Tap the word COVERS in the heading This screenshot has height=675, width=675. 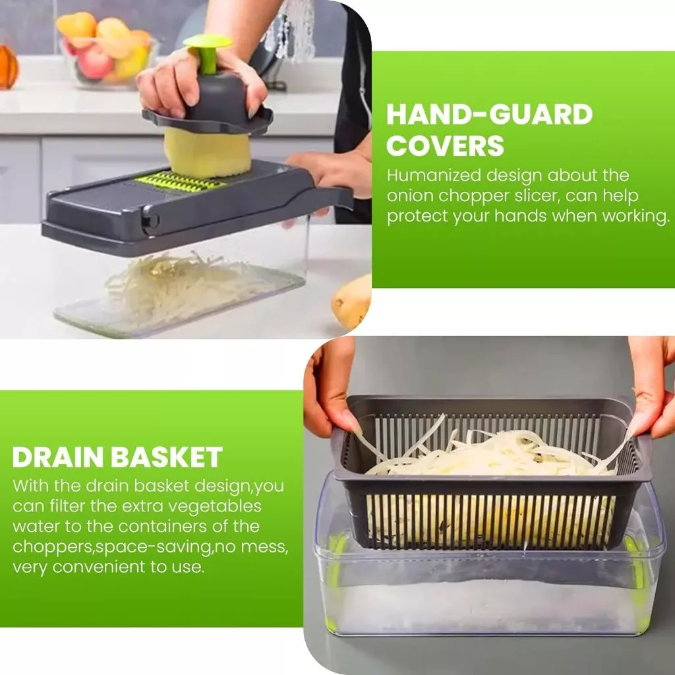(445, 146)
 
